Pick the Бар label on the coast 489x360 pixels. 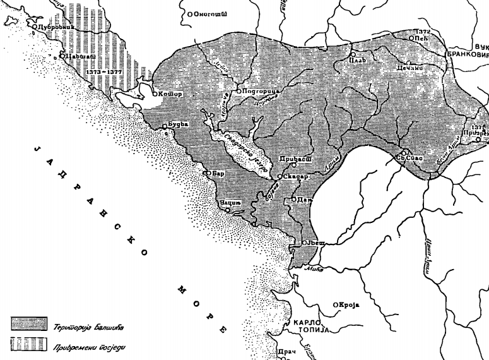[218, 172]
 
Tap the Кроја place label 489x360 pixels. [349, 305]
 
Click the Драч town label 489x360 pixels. [288, 351]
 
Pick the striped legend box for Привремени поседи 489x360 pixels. [31, 344]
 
